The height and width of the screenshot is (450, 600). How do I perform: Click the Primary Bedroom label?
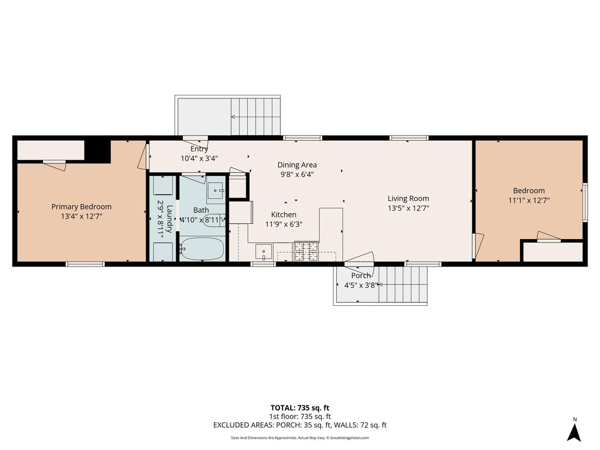(x=81, y=207)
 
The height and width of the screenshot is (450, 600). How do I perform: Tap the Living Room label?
(x=408, y=198)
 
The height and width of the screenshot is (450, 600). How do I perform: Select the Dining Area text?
(x=297, y=165)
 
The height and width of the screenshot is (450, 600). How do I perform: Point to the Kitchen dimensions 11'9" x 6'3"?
(x=284, y=224)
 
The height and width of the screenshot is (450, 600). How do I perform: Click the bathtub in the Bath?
(x=202, y=248)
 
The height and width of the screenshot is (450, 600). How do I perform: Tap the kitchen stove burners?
(x=306, y=251)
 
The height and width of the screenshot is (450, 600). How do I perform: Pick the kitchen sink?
(x=264, y=252)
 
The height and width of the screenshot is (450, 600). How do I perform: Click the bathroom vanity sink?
(x=216, y=190)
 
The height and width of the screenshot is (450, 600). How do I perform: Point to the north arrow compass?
(x=574, y=431)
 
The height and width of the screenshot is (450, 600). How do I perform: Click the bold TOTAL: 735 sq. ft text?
(x=300, y=408)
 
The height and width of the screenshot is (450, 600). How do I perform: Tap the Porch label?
(x=361, y=275)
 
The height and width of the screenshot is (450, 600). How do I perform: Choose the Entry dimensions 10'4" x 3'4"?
(x=199, y=158)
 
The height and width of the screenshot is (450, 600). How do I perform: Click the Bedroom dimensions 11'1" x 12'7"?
(x=529, y=200)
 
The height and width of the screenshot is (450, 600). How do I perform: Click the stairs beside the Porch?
(x=403, y=284)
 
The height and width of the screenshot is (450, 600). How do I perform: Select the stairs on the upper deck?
(x=255, y=117)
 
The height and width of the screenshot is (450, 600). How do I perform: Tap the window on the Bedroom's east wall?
(x=585, y=202)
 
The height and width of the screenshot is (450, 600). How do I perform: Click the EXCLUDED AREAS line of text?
(x=300, y=425)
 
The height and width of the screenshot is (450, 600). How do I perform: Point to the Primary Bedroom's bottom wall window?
(x=85, y=264)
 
